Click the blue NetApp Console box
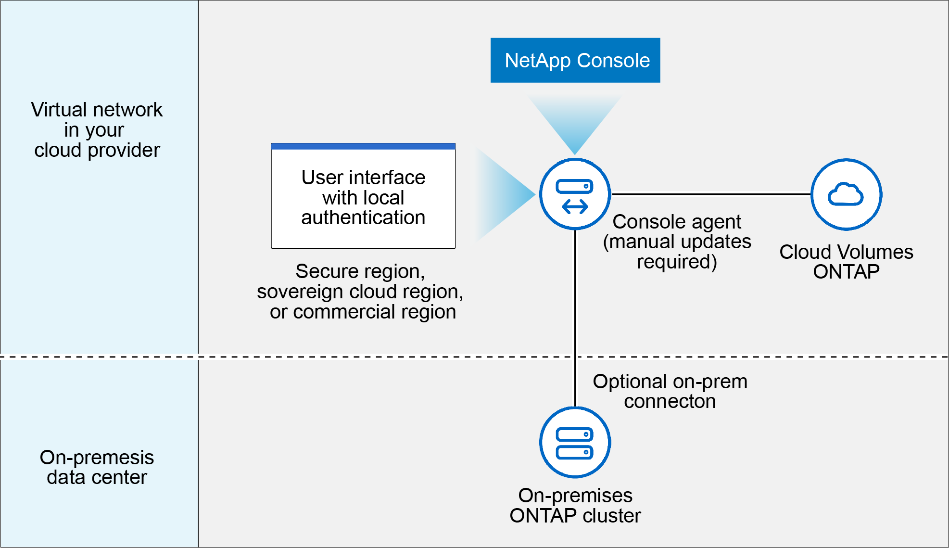[575, 60]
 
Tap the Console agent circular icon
[575, 194]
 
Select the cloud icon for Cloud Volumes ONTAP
[846, 194]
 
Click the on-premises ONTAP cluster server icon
[575, 443]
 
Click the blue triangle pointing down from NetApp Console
[575, 123]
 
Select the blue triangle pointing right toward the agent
[505, 194]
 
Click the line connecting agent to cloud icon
[711, 194]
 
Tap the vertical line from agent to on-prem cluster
[575, 318]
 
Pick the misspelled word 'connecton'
[670, 401]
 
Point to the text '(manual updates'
[677, 242]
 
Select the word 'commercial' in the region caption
[344, 312]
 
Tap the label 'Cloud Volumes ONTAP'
[846, 262]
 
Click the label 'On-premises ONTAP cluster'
[575, 505]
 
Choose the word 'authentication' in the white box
[363, 217]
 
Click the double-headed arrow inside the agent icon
[575, 207]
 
